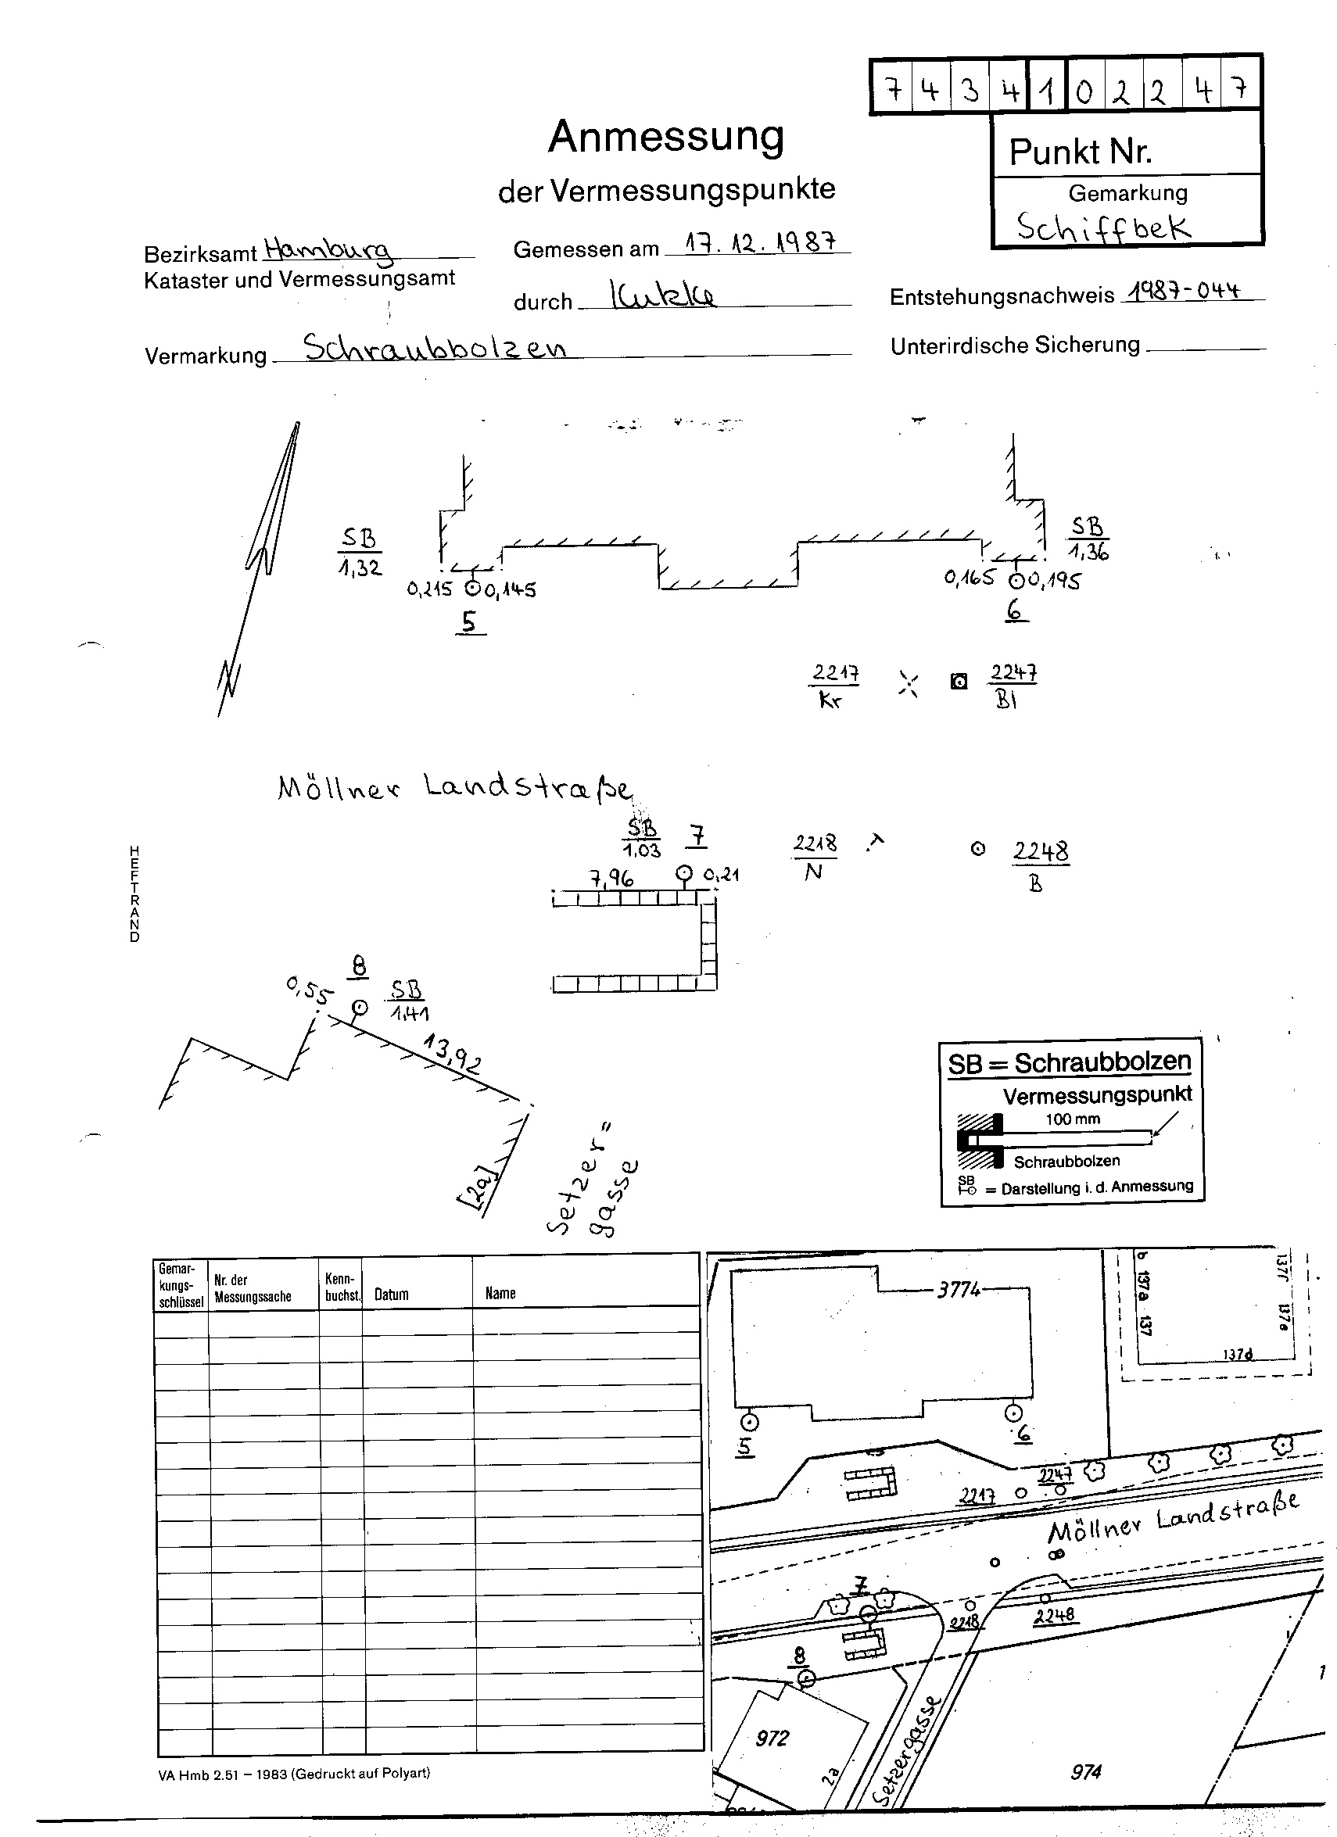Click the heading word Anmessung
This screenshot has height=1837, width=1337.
(x=666, y=137)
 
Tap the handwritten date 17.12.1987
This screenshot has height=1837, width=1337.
(x=759, y=242)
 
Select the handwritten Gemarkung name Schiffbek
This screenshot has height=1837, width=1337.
(x=1104, y=226)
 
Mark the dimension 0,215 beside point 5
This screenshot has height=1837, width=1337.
(x=429, y=589)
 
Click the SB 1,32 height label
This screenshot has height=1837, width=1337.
(x=360, y=553)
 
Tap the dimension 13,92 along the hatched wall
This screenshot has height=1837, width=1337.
(x=451, y=1055)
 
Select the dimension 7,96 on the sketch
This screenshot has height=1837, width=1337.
(x=611, y=878)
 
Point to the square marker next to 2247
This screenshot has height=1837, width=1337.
(x=959, y=681)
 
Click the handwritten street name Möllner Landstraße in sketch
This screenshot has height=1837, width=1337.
(x=453, y=788)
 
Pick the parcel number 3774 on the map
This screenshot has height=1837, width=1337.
(x=959, y=1289)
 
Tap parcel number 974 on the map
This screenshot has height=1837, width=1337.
(x=1086, y=1771)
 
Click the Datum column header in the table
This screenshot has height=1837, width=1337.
(x=392, y=1294)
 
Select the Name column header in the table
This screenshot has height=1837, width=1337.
(x=500, y=1293)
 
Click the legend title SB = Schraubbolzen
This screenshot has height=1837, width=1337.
(x=1070, y=1062)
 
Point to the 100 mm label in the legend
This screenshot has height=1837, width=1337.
(x=1072, y=1119)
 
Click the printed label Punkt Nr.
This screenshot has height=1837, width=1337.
(x=1080, y=152)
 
